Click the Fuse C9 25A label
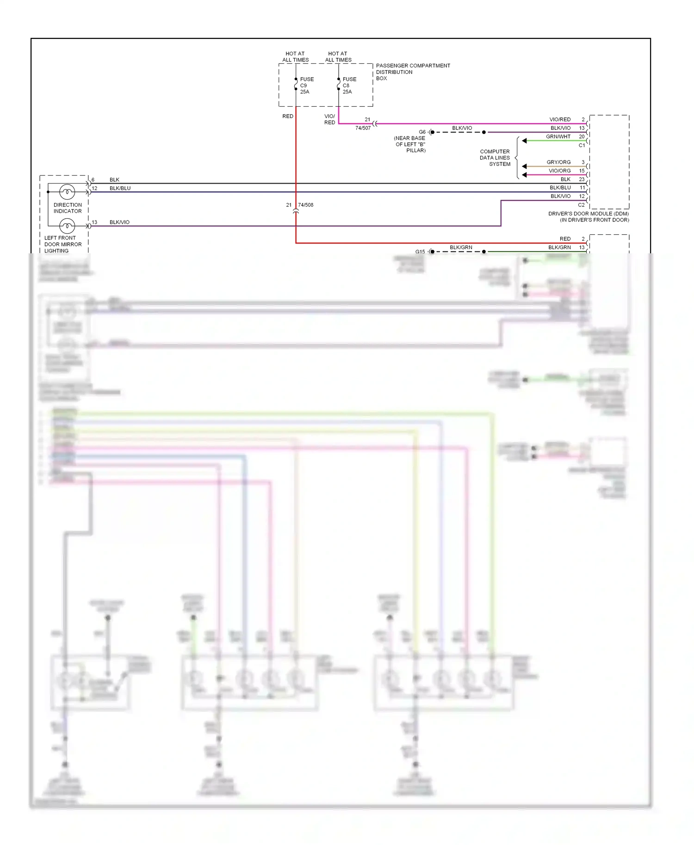[x=306, y=86]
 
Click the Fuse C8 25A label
[x=349, y=86]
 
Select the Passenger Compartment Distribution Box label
[x=412, y=72]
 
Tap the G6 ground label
[x=422, y=132]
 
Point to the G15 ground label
[x=420, y=252]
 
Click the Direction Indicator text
[x=68, y=208]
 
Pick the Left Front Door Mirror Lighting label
[x=62, y=244]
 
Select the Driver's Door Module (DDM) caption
[x=588, y=217]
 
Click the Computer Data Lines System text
[x=495, y=158]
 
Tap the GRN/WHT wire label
[x=558, y=137]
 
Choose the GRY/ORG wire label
[x=558, y=162]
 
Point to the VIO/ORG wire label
[x=559, y=171]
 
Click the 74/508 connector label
[x=306, y=205]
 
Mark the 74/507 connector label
[x=363, y=128]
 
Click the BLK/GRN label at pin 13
[x=559, y=248]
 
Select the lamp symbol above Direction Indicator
[x=67, y=191]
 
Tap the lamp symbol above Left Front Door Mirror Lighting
[x=67, y=226]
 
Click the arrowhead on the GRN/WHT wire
[x=524, y=141]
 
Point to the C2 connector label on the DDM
[x=581, y=205]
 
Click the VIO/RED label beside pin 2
[x=560, y=120]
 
